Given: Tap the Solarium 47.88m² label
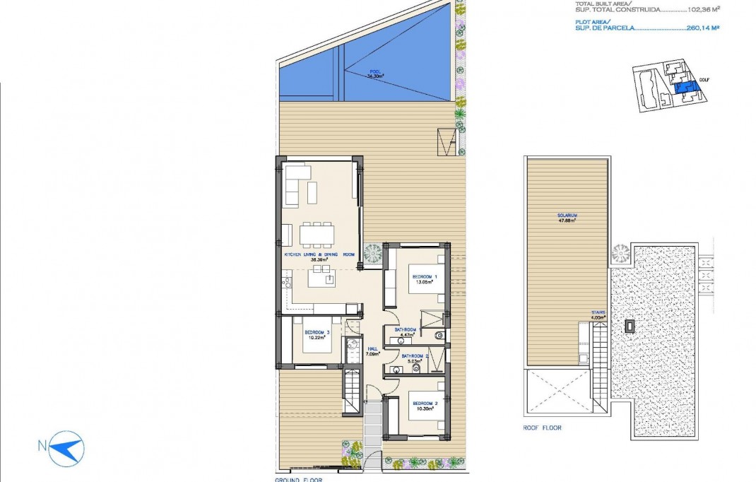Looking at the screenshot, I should [567, 217].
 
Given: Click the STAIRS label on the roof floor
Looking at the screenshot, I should [598, 315].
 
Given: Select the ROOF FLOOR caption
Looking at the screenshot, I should [543, 428].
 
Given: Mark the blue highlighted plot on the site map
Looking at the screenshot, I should [683, 88].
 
